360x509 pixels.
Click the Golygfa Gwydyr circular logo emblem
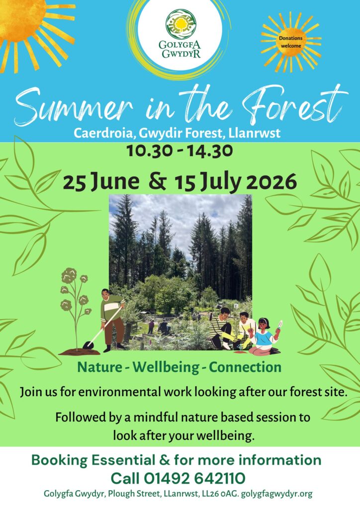(x=180, y=24)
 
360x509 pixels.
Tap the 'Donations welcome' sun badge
(x=291, y=42)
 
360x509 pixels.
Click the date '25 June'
(x=101, y=182)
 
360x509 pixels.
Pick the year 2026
(x=271, y=182)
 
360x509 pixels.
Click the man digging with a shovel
(x=112, y=320)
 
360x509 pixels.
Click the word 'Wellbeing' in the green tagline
(x=166, y=367)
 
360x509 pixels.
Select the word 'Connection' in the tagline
(x=245, y=367)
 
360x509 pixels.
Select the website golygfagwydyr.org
(x=276, y=494)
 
